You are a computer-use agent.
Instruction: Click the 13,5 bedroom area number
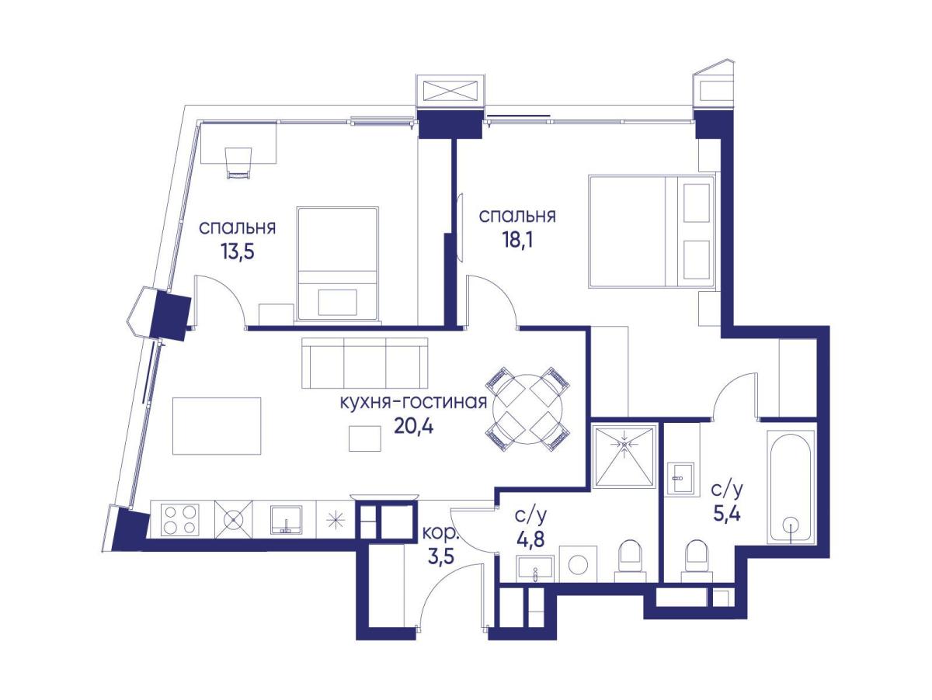click(x=237, y=251)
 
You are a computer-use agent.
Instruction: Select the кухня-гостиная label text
click(x=413, y=401)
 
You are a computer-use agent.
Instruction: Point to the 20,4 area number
click(x=413, y=426)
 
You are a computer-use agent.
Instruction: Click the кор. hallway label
click(x=440, y=534)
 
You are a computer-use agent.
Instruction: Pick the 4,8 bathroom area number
click(x=530, y=540)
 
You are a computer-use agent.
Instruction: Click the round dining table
click(x=528, y=408)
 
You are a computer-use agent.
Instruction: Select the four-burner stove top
click(x=180, y=519)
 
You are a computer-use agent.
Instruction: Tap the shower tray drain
click(x=624, y=444)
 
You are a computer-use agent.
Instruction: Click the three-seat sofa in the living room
click(x=365, y=363)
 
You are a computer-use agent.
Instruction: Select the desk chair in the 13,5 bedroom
click(x=238, y=163)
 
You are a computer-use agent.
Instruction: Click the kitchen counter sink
click(x=286, y=519)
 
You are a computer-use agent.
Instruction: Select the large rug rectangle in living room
click(x=217, y=426)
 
